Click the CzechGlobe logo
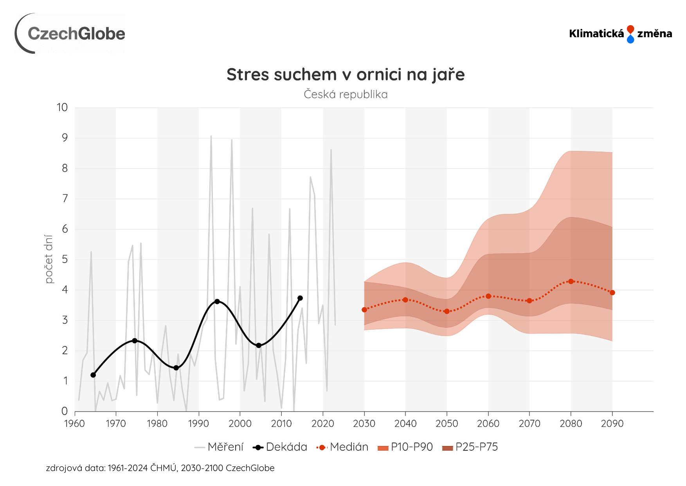tap(70, 34)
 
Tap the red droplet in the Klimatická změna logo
tap(630, 29)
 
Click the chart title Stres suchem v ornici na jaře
tap(346, 74)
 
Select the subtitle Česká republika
tap(346, 94)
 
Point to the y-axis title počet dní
tap(49, 259)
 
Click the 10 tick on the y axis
tap(62, 107)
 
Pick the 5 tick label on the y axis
tap(65, 259)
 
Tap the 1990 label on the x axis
tap(198, 424)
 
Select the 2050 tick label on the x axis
tap(447, 424)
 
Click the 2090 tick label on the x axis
tap(612, 424)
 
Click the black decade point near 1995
tap(217, 301)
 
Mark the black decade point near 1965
tap(93, 375)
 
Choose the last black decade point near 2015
tap(300, 298)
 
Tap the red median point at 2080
tap(571, 281)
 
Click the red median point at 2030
tap(364, 310)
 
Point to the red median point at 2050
tap(447, 312)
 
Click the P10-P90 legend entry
tap(405, 447)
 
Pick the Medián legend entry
tap(343, 447)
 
